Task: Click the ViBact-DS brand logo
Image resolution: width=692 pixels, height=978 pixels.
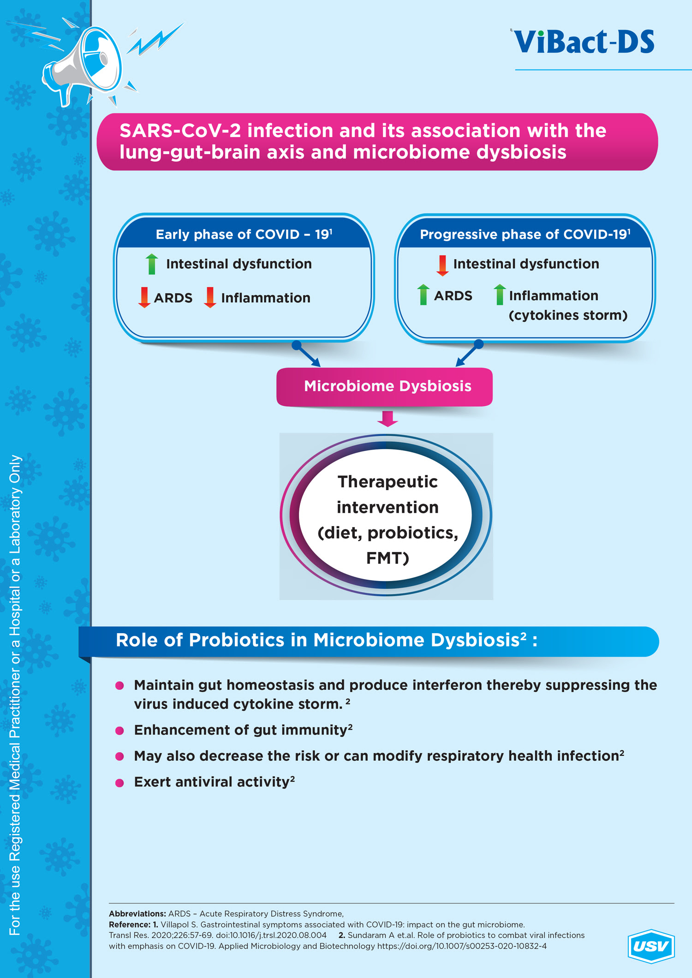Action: pyautogui.click(x=584, y=41)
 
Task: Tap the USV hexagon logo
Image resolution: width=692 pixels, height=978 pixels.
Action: pyautogui.click(x=651, y=946)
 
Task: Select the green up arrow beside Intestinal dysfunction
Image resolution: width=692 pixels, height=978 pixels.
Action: pyautogui.click(x=152, y=264)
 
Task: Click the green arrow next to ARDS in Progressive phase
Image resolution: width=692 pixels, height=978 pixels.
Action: pyautogui.click(x=423, y=295)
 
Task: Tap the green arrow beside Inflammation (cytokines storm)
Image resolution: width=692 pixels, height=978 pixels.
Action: pyautogui.click(x=500, y=295)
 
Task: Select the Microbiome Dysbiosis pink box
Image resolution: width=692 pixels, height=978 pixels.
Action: pyautogui.click(x=384, y=386)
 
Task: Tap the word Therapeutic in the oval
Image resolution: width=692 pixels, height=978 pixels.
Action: pyautogui.click(x=388, y=482)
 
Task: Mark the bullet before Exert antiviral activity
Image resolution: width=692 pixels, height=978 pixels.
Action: pyautogui.click(x=119, y=782)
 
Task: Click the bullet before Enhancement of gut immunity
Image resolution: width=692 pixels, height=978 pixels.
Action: pyautogui.click(x=119, y=730)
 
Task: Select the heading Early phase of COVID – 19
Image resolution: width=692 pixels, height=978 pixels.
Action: pyautogui.click(x=244, y=234)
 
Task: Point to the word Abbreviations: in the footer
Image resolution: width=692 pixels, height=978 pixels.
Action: pyautogui.click(x=137, y=913)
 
